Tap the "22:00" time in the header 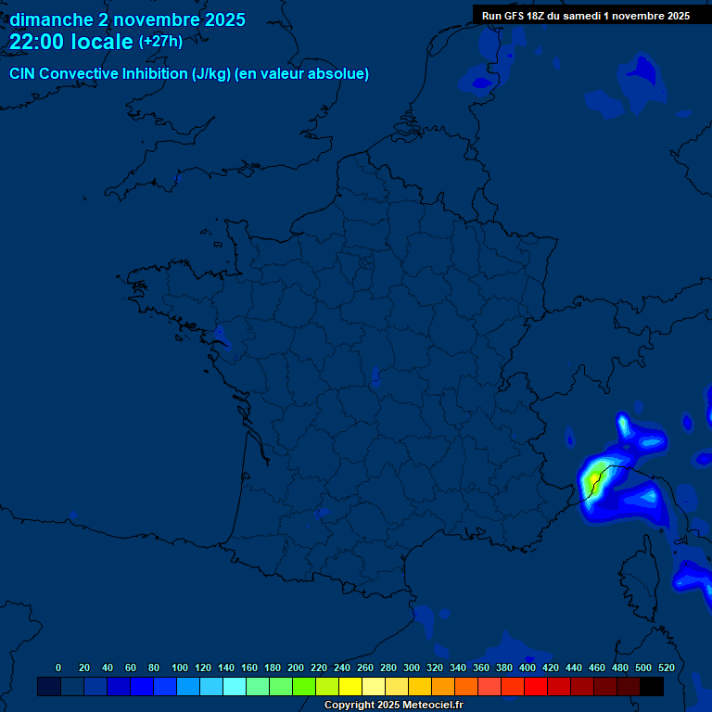coord(36,42)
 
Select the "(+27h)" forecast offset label coord(160,42)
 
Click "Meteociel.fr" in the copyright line coord(432,706)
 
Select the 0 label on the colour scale coord(58,667)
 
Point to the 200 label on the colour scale coord(296,667)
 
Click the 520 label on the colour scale coord(666,667)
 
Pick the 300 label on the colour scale coord(412,667)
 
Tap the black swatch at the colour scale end coord(652,686)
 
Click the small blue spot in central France coord(375,375)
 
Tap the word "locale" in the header coord(102,42)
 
